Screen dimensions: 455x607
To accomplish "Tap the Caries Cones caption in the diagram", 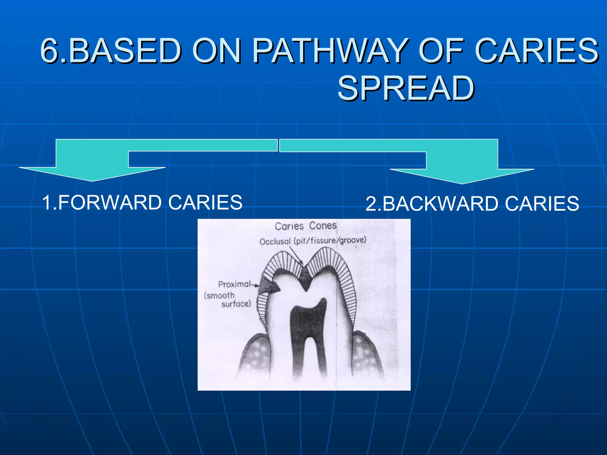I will (x=306, y=226).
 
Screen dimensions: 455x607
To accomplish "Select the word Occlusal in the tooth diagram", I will (x=275, y=241).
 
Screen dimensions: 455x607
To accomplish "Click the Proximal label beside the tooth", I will (x=234, y=284).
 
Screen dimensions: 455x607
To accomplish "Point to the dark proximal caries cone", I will (x=269, y=286).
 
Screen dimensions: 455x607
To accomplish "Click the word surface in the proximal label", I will (x=236, y=304).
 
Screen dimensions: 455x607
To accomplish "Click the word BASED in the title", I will (x=125, y=51).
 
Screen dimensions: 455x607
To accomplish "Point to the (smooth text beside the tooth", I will (x=219, y=295).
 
